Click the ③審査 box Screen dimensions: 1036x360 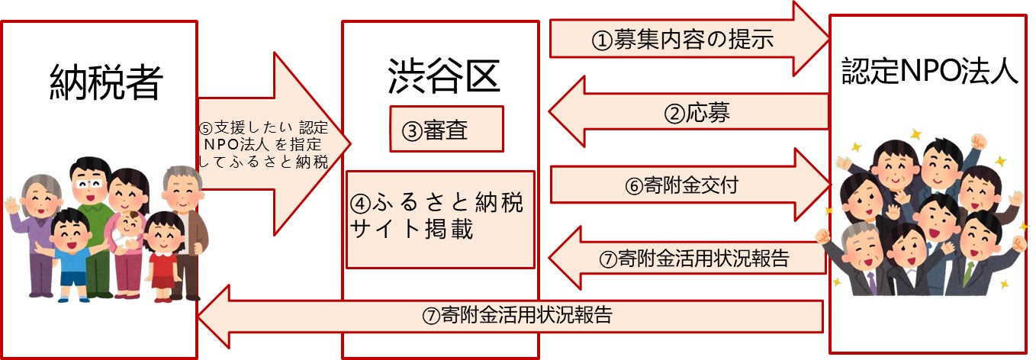click(x=446, y=130)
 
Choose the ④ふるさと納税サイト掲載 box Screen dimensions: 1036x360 click(x=440, y=218)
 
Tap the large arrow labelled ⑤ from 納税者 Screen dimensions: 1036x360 click(x=271, y=143)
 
